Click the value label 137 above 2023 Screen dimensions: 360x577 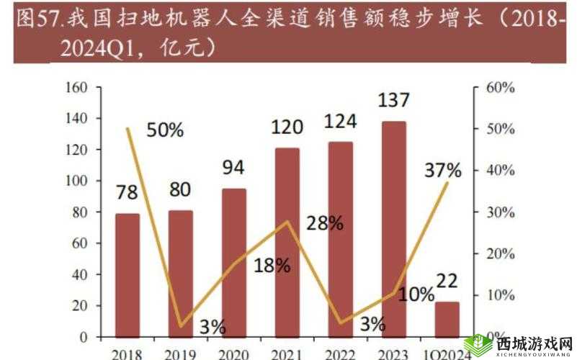click(394, 102)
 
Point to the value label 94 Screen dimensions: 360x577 click(234, 168)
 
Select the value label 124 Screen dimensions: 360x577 click(341, 121)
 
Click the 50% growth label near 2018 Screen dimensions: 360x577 click(165, 130)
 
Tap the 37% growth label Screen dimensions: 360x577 click(443, 171)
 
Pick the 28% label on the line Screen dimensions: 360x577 click(324, 223)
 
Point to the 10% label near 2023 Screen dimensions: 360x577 click(416, 294)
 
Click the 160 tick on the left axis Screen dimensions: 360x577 click(76, 88)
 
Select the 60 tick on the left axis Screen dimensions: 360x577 click(79, 243)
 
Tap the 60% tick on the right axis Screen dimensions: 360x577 click(498, 88)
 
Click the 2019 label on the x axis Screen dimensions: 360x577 click(180, 354)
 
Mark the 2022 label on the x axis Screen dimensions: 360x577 click(341, 354)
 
